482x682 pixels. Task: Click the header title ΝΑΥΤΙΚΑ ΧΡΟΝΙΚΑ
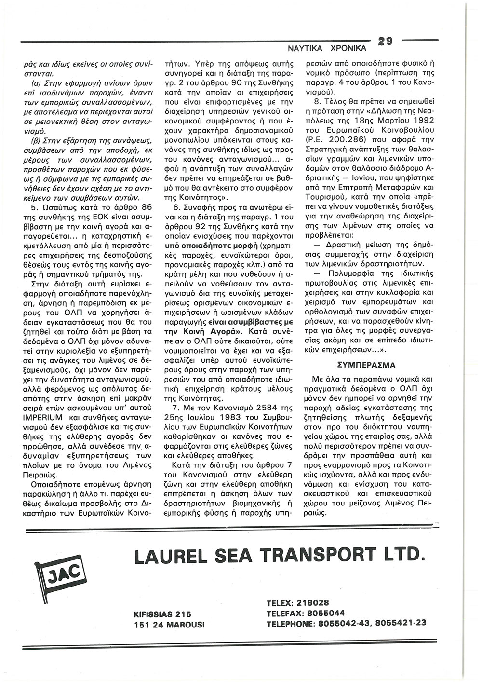(x=327, y=49)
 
